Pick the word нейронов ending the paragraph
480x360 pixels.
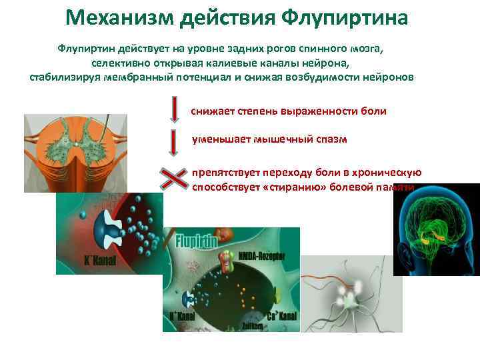coord(391,77)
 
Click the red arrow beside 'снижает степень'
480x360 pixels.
coord(174,110)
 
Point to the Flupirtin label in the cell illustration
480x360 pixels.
coord(197,241)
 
